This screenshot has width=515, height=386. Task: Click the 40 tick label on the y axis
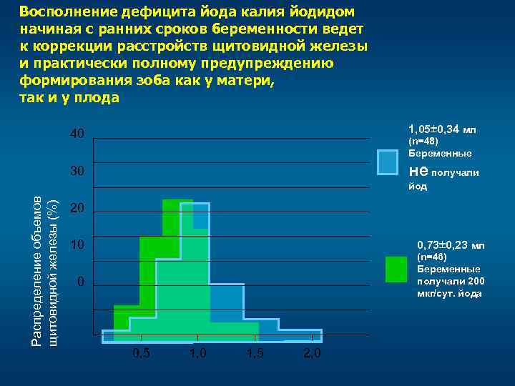77,134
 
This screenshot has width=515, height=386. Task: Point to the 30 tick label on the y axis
77,172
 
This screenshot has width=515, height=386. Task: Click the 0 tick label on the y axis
81,282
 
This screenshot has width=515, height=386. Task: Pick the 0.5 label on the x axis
142,354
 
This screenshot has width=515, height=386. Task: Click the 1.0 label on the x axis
198,354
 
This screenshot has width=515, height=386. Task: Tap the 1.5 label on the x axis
255,354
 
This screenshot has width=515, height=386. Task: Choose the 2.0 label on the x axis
312,354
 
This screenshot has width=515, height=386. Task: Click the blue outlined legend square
388,162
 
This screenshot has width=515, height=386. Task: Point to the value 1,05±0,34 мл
441,129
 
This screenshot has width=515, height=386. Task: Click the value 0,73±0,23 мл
451,246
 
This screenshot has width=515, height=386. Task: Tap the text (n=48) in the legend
423,142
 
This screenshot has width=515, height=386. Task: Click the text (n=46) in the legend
433,257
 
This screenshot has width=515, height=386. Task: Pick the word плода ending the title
94,98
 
